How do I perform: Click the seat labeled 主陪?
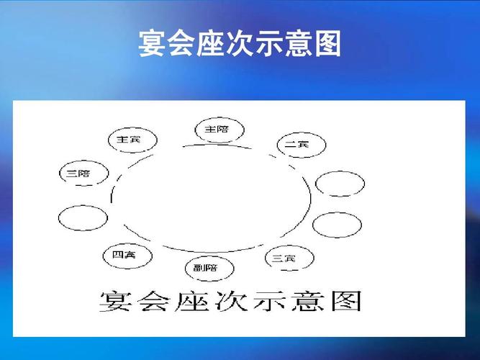coord(219,130)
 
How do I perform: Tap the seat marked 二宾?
coord(301,145)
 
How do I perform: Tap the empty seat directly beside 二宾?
coord(339,183)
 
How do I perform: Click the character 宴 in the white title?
coord(151,45)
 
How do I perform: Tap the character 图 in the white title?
coord(327,45)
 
